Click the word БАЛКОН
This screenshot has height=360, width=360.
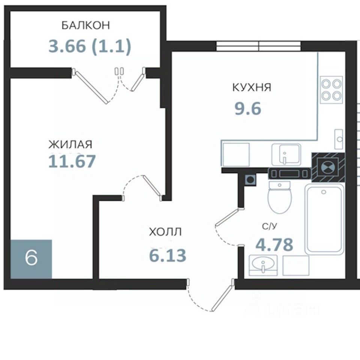tap(85, 25)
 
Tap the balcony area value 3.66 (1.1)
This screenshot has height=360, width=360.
tap(90, 46)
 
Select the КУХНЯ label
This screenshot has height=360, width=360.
tap(252, 87)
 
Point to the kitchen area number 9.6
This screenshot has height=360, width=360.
tap(248, 108)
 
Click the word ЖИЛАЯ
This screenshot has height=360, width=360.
tap(70, 144)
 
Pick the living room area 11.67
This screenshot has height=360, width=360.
tap(72, 161)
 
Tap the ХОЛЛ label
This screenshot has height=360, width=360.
tap(165, 232)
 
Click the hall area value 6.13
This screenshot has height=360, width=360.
tap(168, 255)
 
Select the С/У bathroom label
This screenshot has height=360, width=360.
tap(270, 226)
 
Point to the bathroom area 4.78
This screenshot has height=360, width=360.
tap(274, 244)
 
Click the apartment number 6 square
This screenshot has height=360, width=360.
tap(31, 259)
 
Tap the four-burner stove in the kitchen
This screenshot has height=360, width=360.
tap(331, 90)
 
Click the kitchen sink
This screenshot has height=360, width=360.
tap(286, 154)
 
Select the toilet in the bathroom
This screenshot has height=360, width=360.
tap(280, 198)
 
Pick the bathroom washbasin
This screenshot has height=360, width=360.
tap(263, 265)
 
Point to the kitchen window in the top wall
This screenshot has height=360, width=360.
tap(258, 46)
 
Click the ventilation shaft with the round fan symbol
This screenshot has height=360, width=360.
tap(328, 167)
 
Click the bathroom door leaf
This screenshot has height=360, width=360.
tap(228, 217)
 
